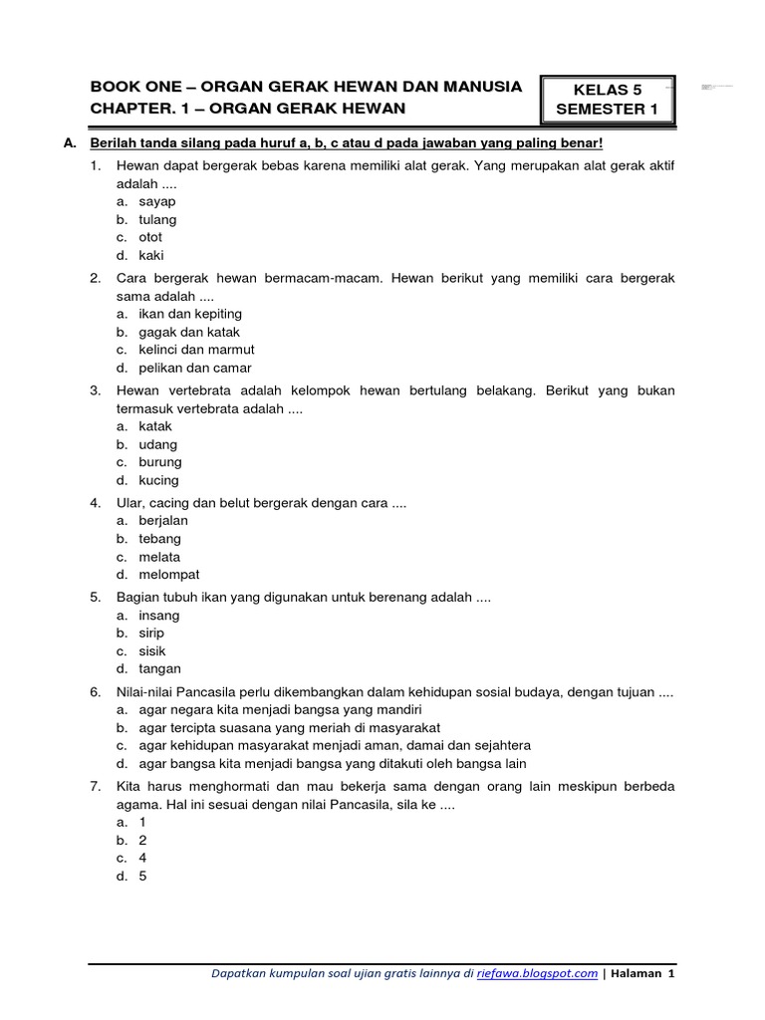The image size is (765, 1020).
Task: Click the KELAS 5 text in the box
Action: click(x=607, y=90)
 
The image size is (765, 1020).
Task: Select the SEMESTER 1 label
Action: click(x=607, y=109)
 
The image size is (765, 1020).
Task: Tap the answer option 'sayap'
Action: click(x=157, y=201)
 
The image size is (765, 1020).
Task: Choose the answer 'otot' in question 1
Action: click(x=150, y=237)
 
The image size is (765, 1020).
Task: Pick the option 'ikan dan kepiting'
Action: click(x=190, y=314)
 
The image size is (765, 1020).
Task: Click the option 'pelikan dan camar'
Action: click(x=194, y=369)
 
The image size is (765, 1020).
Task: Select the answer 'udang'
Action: click(x=158, y=444)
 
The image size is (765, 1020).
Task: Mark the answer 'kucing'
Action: click(x=159, y=480)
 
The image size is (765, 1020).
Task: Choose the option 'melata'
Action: click(x=160, y=557)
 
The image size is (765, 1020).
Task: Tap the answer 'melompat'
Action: click(x=169, y=575)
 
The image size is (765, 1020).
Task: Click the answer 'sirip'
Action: click(x=152, y=633)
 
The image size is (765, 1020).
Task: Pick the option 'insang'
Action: click(x=159, y=615)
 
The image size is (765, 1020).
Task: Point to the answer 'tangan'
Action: click(x=160, y=668)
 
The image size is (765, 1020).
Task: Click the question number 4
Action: click(x=95, y=502)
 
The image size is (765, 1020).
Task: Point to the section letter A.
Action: click(x=69, y=143)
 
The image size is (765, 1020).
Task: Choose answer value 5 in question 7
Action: click(x=142, y=878)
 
